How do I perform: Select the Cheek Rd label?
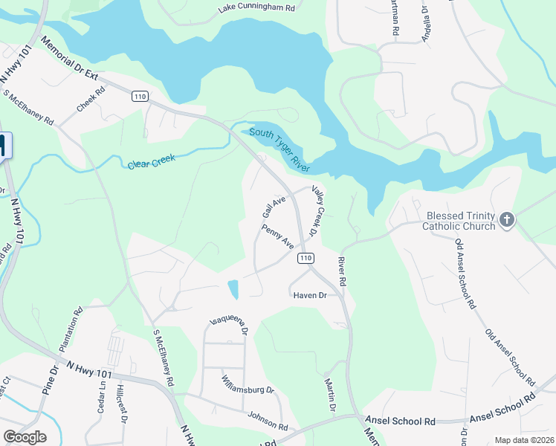coord(90,99)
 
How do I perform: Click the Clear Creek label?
coord(150,161)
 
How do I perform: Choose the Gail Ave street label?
coord(274,206)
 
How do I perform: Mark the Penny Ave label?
coord(277,237)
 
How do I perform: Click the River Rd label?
coord(342,271)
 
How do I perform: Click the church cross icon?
coord(506,219)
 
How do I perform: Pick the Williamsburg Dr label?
coord(248,384)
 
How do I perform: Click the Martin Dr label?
coord(330,395)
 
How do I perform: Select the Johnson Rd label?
coord(268,421)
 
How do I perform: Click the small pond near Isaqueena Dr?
coord(233,288)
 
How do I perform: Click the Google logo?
coord(25,437)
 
